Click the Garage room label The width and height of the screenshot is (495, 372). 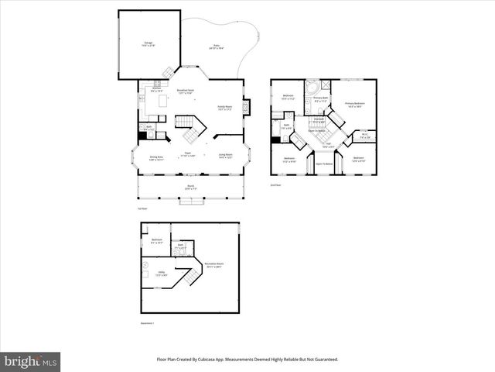[148, 45]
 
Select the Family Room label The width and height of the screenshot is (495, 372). [226, 108]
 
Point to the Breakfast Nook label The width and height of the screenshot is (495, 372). [186, 91]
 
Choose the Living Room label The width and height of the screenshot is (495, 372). [226, 157]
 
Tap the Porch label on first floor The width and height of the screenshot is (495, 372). [189, 187]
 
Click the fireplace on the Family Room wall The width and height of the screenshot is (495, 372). [246, 107]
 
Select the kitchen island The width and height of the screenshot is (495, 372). [163, 101]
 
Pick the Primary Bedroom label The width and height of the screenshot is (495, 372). [355, 104]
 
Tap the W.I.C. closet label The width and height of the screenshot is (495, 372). [364, 137]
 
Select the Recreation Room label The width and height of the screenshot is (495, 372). [213, 265]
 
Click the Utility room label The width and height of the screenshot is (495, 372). [161, 273]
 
